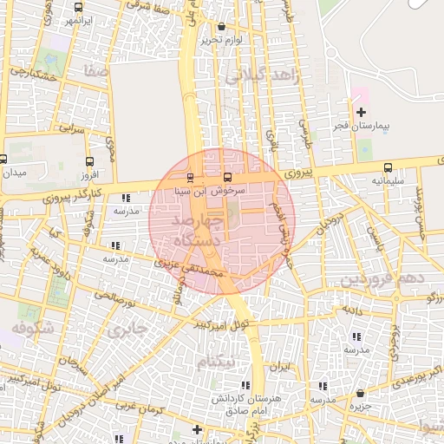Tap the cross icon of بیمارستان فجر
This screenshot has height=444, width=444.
point(362,112)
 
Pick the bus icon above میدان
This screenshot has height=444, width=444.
point(3,160)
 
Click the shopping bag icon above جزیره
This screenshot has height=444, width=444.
point(355,392)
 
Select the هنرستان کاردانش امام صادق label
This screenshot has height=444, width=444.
point(239,403)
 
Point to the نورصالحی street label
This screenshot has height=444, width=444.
point(116,299)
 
